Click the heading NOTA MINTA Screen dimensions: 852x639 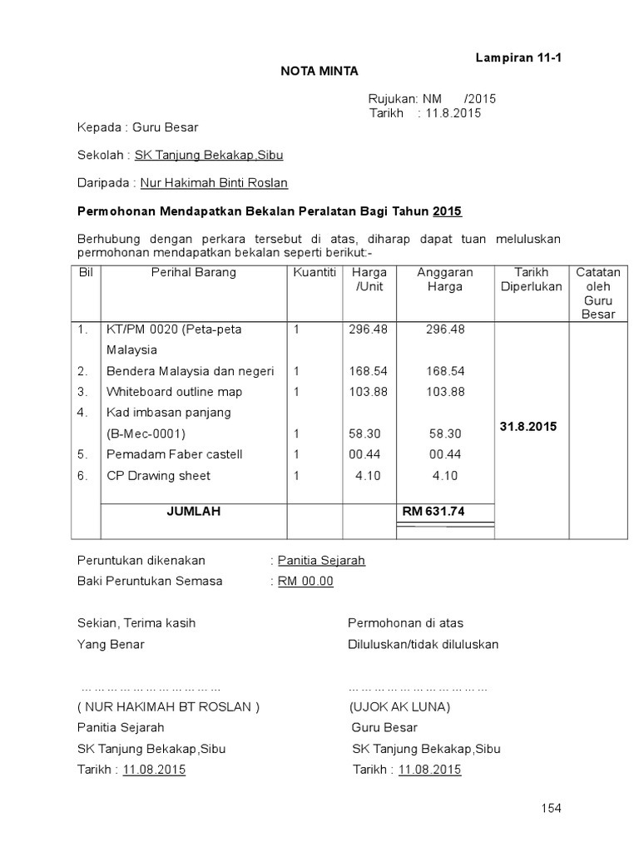pos(319,71)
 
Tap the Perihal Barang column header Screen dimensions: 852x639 pos(193,272)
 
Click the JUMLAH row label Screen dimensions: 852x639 pos(193,512)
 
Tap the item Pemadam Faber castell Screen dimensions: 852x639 pos(174,454)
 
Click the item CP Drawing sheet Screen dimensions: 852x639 pos(158,476)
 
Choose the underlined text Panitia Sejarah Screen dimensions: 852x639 pos(321,561)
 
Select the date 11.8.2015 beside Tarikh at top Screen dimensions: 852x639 pos(453,113)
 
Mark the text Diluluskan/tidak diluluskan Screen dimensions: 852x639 pos(423,644)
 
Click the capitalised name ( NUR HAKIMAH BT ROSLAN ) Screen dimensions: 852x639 pos(169,707)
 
